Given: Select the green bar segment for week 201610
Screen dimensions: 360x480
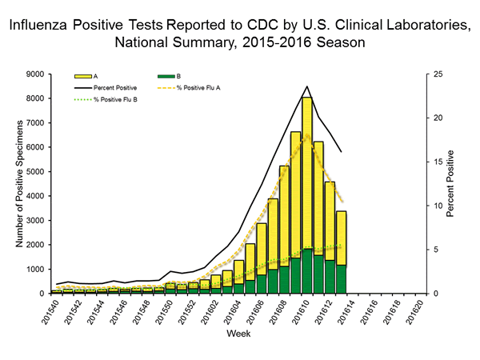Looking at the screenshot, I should click(x=306, y=271).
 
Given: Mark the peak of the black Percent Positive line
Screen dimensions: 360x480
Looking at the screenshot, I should click(x=306, y=86).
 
